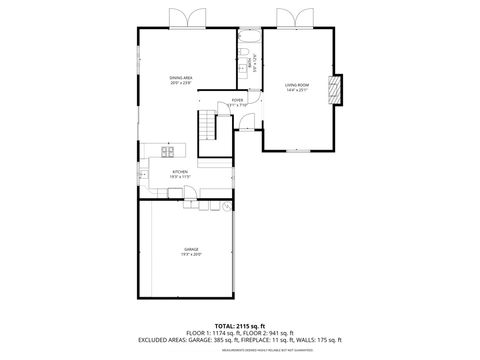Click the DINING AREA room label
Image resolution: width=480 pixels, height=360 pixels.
coord(181,77)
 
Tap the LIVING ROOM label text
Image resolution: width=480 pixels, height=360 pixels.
coord(297,85)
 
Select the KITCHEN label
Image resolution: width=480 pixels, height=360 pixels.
coord(180,171)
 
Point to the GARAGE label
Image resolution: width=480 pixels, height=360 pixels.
coord(191,248)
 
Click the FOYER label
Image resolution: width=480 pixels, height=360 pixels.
coord(238,100)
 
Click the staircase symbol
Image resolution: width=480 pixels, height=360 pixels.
coord(209,127)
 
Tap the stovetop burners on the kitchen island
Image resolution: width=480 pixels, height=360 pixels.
coord(167,152)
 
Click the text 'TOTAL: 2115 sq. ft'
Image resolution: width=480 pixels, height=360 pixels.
coord(240,326)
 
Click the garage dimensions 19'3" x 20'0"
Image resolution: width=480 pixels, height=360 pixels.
coord(191,254)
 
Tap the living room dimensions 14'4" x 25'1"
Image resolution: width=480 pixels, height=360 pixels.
coord(297,91)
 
